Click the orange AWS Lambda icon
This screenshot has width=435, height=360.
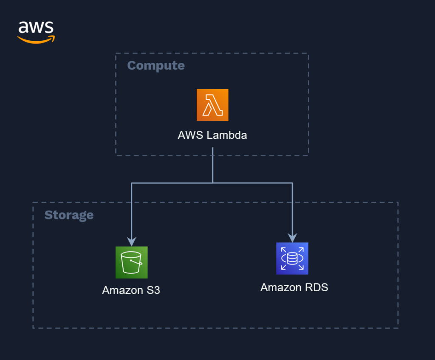[212, 105]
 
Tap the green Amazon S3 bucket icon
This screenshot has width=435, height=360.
[131, 262]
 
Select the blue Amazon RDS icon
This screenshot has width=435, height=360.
[292, 259]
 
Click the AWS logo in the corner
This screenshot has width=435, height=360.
[36, 32]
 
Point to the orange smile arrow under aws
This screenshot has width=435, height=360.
[36, 40]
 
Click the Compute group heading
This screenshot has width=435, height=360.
[156, 65]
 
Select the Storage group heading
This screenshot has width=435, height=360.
[69, 215]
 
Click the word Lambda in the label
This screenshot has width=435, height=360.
[227, 136]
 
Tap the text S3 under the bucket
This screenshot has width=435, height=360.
[152, 290]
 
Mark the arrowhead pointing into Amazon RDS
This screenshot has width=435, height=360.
[292, 238]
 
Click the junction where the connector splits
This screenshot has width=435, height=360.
[213, 183]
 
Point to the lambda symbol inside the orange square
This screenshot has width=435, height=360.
[212, 105]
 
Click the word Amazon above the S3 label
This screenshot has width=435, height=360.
[122, 290]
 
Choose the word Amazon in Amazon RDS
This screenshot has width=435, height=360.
[278, 287]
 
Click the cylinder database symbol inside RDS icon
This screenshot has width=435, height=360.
[292, 259]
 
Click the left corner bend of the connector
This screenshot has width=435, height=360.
[132, 183]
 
